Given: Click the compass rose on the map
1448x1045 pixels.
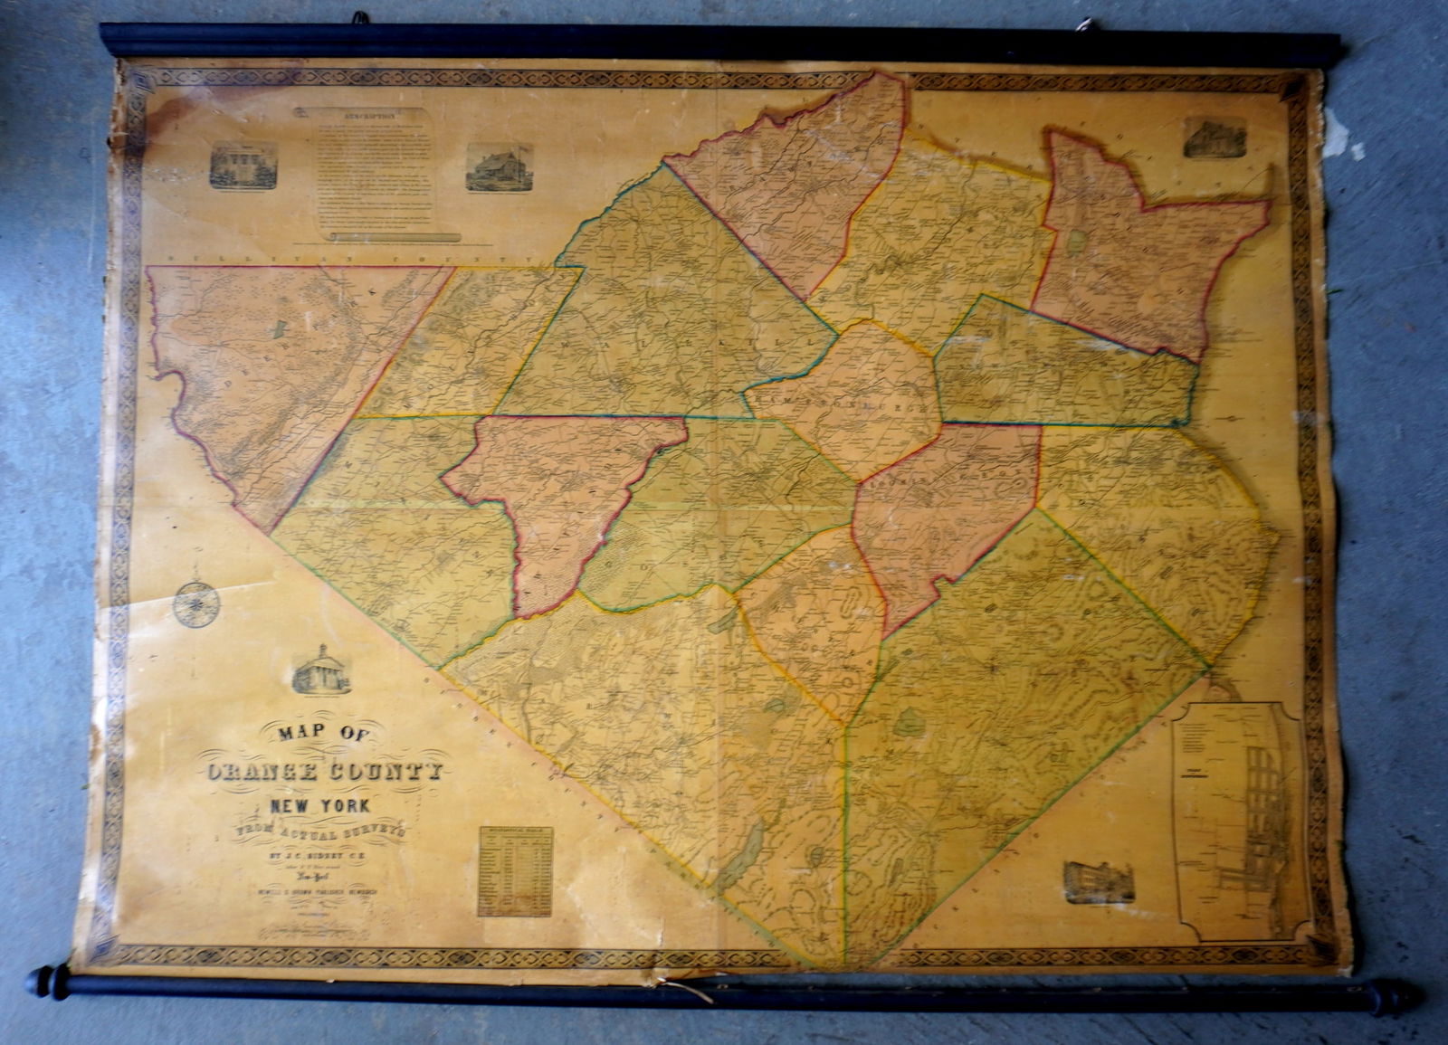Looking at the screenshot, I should [195, 603].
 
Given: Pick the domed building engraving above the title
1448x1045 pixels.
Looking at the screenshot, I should [320, 670].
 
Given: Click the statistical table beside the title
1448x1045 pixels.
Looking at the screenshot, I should [515, 870].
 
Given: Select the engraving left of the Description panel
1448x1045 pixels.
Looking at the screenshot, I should [243, 166].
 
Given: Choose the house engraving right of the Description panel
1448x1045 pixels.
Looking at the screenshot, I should [499, 166].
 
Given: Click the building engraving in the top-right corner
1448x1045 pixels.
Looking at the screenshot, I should [1214, 138].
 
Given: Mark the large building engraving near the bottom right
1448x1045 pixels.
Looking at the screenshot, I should [1099, 881].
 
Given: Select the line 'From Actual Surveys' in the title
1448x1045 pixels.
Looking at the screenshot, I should [321, 831].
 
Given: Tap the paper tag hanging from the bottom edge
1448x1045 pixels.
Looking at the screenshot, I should [688, 988].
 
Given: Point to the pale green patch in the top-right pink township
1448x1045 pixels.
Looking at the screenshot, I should [1077, 242].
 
